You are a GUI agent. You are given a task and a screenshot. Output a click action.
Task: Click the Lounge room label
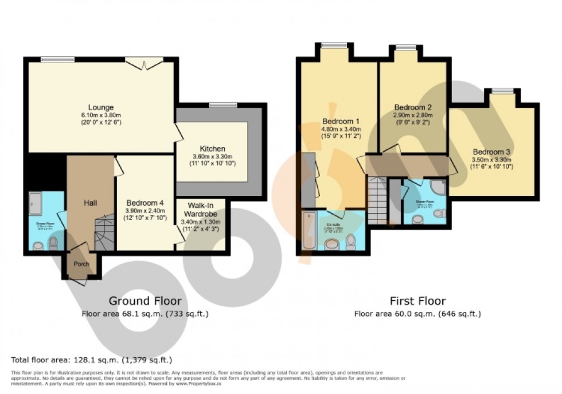(x=101, y=107)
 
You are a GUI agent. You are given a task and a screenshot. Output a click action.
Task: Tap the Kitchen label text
(x=212, y=148)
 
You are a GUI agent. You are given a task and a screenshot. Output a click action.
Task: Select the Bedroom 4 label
(x=145, y=202)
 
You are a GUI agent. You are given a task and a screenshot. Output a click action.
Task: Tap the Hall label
(x=90, y=203)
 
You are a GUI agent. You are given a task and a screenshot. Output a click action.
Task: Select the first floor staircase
(x=377, y=200)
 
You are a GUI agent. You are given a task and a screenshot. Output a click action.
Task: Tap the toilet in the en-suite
(x=351, y=242)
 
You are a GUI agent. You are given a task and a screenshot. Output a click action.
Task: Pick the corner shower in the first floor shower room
(x=438, y=188)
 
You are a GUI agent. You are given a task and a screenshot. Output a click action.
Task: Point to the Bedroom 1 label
(x=341, y=121)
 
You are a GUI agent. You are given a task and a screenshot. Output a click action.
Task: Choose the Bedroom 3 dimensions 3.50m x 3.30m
(x=491, y=160)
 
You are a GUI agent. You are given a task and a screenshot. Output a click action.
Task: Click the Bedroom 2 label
(x=413, y=107)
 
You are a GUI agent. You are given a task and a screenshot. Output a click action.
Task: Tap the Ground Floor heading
(x=145, y=301)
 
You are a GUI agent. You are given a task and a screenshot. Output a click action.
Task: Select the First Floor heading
(x=417, y=301)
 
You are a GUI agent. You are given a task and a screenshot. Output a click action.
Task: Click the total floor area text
(x=91, y=360)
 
